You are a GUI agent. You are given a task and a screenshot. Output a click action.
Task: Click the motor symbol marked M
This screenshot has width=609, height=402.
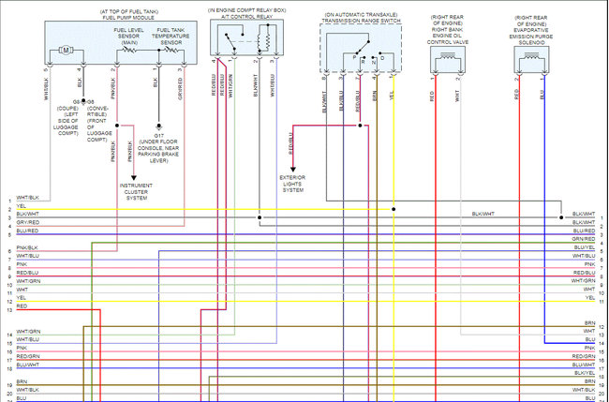pyautogui.click(x=66, y=50)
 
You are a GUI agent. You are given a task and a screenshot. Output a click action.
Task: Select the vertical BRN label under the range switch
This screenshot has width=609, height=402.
pyautogui.click(x=375, y=94)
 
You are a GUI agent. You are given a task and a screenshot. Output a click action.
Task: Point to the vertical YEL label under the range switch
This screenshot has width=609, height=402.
pyautogui.click(x=392, y=94)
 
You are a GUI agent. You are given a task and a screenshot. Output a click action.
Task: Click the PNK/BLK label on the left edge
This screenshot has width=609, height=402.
pyautogui.click(x=27, y=247)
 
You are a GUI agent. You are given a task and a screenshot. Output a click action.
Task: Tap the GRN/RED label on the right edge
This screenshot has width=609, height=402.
pyautogui.click(x=584, y=239)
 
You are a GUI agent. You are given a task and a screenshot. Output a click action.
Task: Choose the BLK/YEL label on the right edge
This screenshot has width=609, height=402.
pyautogui.click(x=584, y=373)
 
